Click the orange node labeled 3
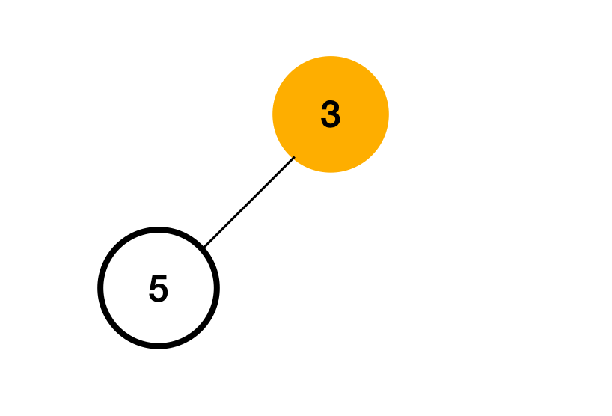pos(331,114)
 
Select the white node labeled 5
pos(159,288)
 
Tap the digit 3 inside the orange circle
pos(331,115)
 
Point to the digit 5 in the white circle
pos(159,289)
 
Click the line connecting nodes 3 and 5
pos(249,201)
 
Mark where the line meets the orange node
pos(294,156)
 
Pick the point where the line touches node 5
pos(204,247)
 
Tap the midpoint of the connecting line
pos(249,201)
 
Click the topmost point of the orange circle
pos(331,57)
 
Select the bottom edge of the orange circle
pos(331,172)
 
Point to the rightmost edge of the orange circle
pos(388,114)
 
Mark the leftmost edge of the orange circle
pos(273,114)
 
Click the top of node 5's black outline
pos(159,230)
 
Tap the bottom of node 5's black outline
pos(159,346)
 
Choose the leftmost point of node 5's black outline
pos(101,288)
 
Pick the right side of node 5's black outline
pos(216,288)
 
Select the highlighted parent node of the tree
pos(331,114)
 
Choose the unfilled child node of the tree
pos(159,288)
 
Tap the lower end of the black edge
pos(204,246)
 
